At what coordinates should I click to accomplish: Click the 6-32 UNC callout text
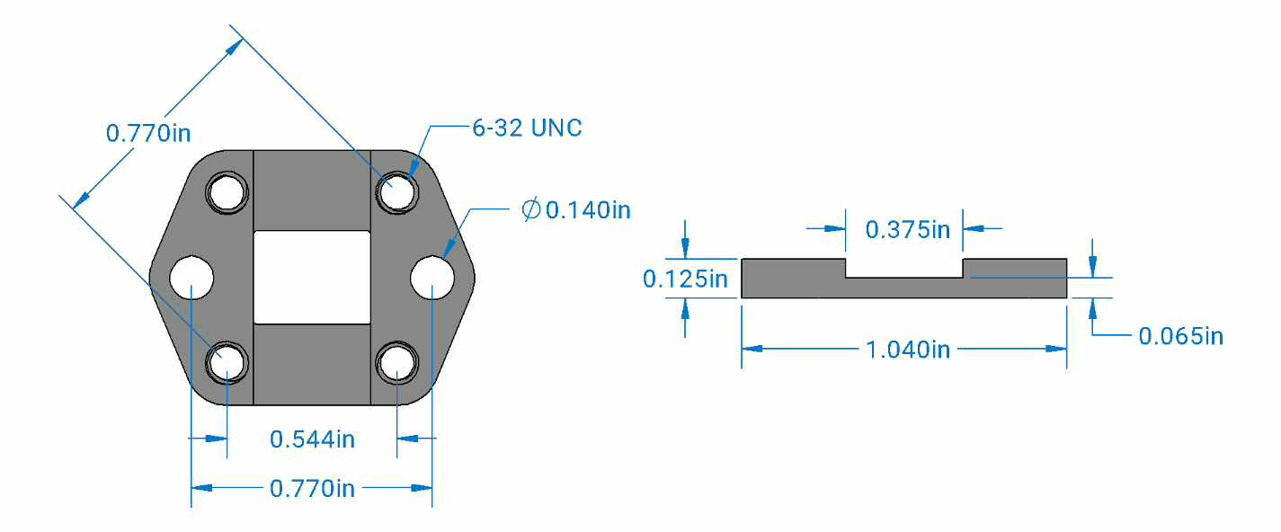pos(528,129)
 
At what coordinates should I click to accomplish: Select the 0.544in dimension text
pos(312,439)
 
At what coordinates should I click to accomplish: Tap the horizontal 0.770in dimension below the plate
pos(312,488)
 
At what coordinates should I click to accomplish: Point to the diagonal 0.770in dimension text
pos(148,133)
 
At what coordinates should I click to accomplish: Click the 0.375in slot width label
pos(907,229)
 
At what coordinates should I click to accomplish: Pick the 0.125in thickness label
pos(684,279)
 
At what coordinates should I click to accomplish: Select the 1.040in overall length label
pos(907,349)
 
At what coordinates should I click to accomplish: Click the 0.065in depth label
pos(1180,336)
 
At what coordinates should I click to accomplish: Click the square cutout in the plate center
pos(312,277)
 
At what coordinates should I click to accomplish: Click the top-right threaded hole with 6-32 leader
pos(396,192)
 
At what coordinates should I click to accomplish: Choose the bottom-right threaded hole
pos(396,363)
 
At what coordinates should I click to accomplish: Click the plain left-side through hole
pos(191,278)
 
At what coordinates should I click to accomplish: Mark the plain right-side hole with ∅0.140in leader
pos(432,278)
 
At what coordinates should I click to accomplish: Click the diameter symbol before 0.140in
pos(531,210)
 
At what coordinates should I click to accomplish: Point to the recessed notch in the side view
pos(904,269)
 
